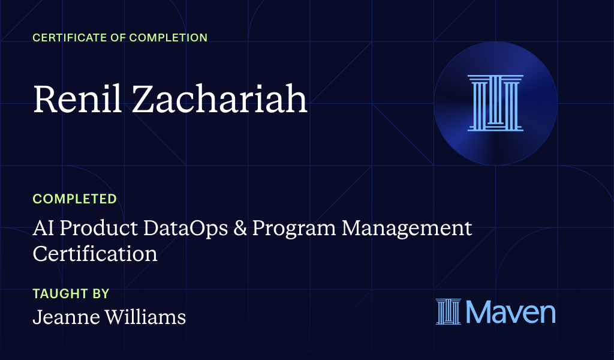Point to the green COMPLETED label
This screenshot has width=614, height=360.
coord(74,199)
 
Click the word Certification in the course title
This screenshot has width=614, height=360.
coord(95,253)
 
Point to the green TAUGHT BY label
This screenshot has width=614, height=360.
coord(71,294)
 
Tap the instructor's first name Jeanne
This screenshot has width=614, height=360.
coord(64,317)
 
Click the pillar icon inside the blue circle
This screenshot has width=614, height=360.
coord(495,103)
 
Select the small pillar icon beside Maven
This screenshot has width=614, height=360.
coord(448,312)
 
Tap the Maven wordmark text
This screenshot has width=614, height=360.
coord(510,312)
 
